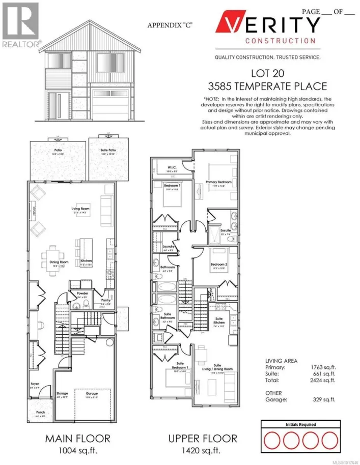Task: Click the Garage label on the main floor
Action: click(x=92, y=393)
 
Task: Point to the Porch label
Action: click(x=40, y=413)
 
